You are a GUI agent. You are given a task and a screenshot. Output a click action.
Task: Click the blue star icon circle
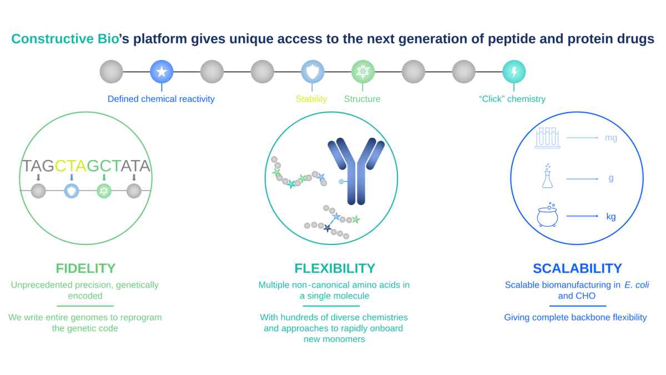162,72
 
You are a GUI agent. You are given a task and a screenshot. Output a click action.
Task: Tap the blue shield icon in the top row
312,72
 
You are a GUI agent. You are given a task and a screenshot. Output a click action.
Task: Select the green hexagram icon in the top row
362,72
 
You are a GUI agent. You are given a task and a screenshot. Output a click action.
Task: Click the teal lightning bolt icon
513,72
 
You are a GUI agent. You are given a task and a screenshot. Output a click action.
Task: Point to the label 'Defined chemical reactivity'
161,99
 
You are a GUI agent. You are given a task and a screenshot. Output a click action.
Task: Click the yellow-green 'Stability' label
311,99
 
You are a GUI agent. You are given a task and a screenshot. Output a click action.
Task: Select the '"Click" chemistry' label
512,99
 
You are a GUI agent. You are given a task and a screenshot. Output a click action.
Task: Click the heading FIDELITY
85,268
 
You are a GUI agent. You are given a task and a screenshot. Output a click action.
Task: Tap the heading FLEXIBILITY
335,268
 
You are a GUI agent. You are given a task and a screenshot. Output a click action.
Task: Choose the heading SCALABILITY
577,268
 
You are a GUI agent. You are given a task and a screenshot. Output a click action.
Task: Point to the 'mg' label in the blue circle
610,138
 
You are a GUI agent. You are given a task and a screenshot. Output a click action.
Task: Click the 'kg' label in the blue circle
610,217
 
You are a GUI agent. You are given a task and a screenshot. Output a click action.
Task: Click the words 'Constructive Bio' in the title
65,39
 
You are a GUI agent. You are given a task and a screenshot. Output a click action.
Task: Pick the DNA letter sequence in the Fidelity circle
86,166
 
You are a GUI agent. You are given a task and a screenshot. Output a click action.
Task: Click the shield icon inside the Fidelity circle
71,191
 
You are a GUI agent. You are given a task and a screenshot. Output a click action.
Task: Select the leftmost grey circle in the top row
112,72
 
